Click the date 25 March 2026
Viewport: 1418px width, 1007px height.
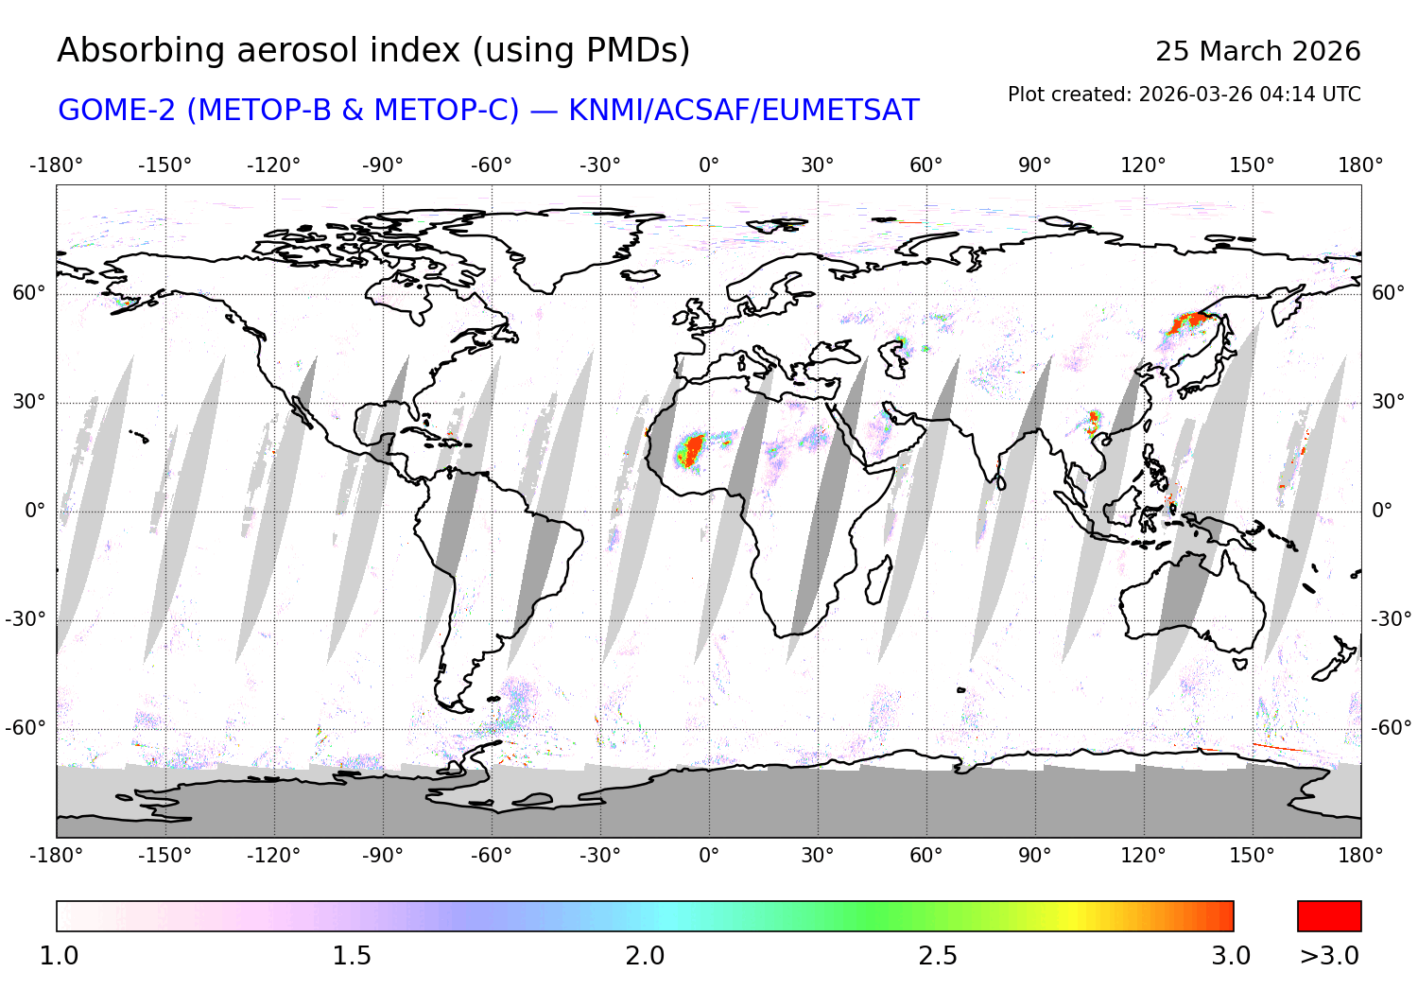pyautogui.click(x=1257, y=51)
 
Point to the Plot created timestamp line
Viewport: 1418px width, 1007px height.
pyautogui.click(x=1184, y=95)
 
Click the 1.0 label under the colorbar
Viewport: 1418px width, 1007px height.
pyautogui.click(x=59, y=956)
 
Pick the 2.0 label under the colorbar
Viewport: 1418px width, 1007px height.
pyautogui.click(x=645, y=956)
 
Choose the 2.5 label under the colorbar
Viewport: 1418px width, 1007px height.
pyautogui.click(x=938, y=956)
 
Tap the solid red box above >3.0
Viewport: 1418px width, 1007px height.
pyautogui.click(x=1329, y=916)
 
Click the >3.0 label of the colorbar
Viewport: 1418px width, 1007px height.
pyautogui.click(x=1329, y=956)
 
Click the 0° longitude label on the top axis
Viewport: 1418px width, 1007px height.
pyautogui.click(x=709, y=165)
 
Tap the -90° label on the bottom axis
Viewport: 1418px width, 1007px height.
pyautogui.click(x=382, y=856)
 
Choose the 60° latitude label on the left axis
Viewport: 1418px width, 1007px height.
pyautogui.click(x=28, y=293)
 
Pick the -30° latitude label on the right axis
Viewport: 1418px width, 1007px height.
pyautogui.click(x=1392, y=619)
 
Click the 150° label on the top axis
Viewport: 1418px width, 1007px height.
pyautogui.click(x=1252, y=165)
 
